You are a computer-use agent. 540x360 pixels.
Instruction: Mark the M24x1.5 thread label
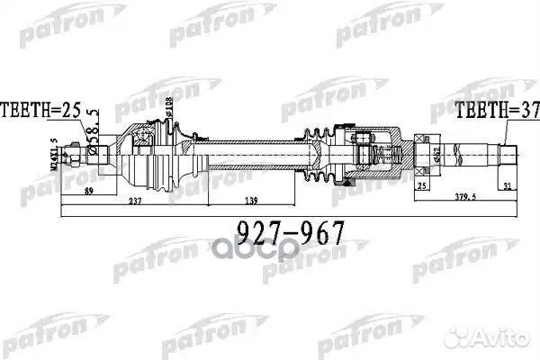[x=56, y=154]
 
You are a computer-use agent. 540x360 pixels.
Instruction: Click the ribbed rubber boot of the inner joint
[x=319, y=154]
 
